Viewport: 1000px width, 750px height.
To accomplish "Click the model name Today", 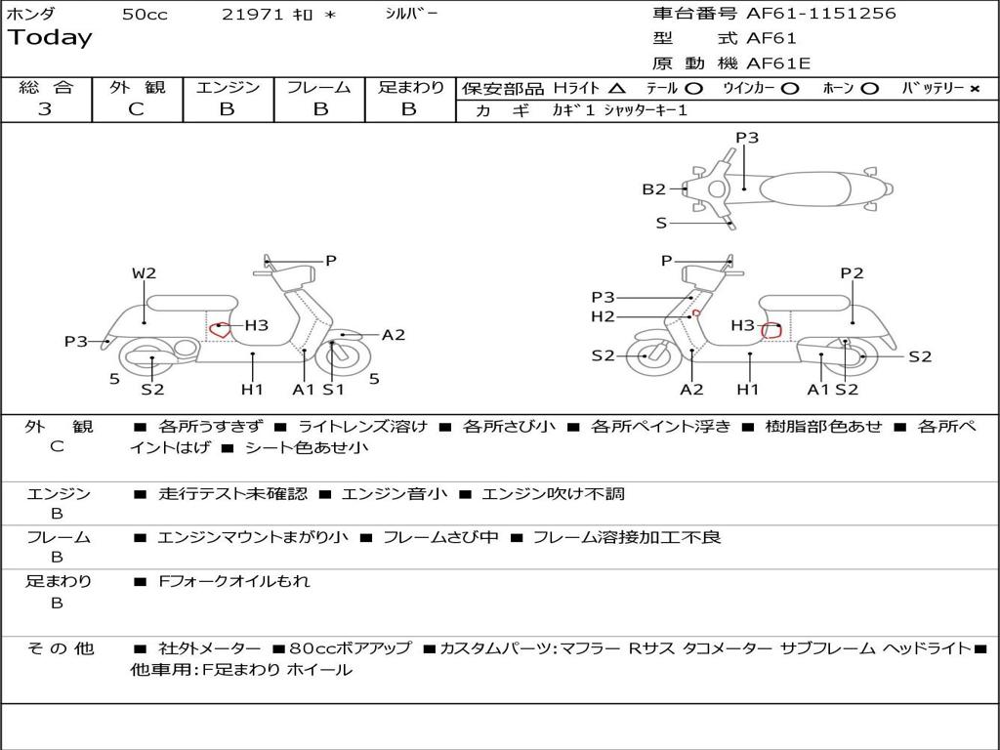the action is pyautogui.click(x=50, y=38).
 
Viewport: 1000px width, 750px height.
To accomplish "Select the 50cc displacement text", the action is pyautogui.click(x=145, y=15).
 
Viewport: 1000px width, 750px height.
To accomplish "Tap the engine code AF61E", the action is pyautogui.click(x=778, y=63).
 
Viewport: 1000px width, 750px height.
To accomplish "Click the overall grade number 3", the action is pyautogui.click(x=45, y=109).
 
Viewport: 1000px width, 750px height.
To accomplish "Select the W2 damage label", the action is pyautogui.click(x=144, y=273).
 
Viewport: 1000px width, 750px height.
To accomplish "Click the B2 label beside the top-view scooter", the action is pyautogui.click(x=653, y=189).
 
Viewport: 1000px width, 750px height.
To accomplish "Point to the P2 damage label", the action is pyautogui.click(x=852, y=273).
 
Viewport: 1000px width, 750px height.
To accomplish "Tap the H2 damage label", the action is pyautogui.click(x=603, y=316).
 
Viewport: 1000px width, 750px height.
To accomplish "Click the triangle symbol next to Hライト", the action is pyautogui.click(x=617, y=88).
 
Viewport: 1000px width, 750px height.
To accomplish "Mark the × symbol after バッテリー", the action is pyautogui.click(x=974, y=88).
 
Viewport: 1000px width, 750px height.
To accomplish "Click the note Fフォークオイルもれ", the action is pyautogui.click(x=234, y=581).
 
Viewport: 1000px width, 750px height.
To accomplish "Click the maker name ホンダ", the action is pyautogui.click(x=31, y=14).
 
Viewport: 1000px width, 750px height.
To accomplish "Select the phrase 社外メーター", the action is pyautogui.click(x=209, y=648).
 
